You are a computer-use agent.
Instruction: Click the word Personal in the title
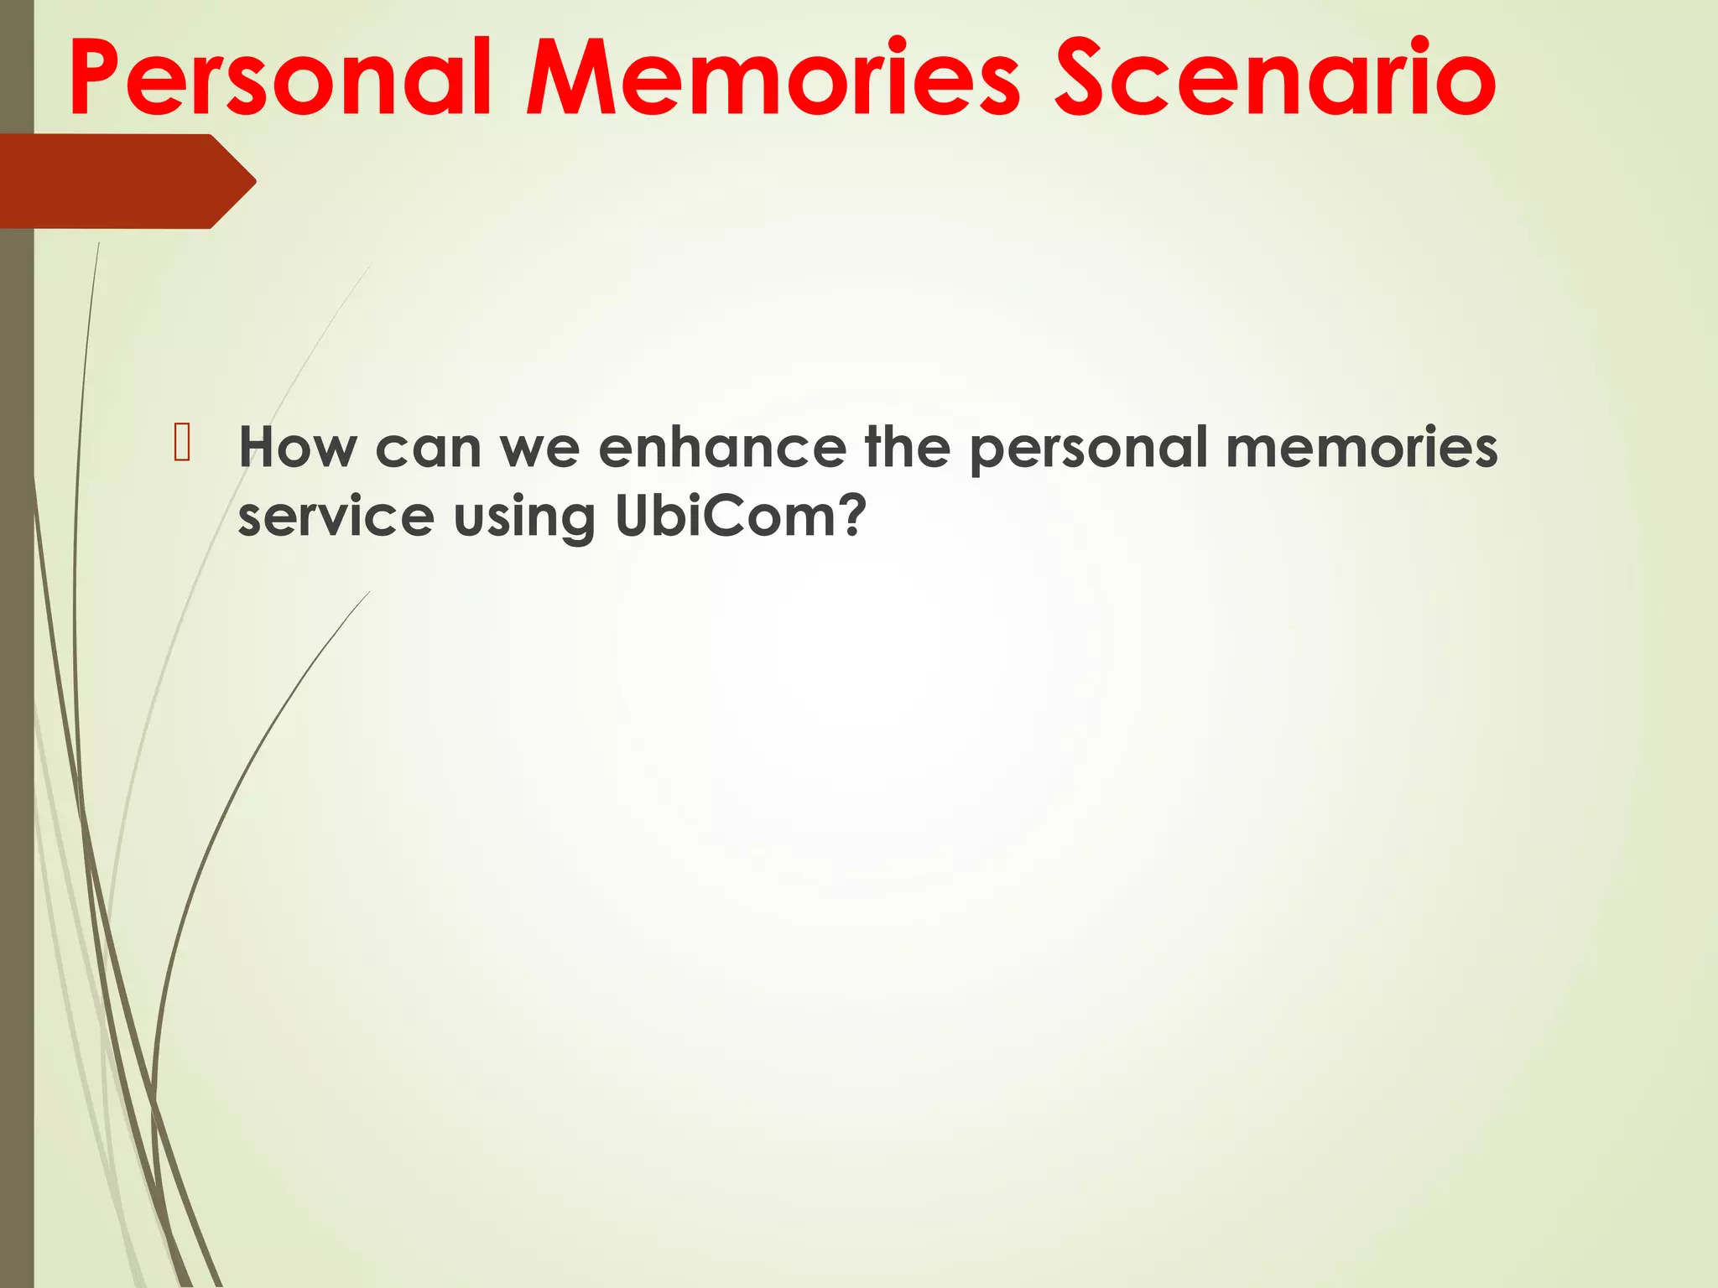tap(281, 80)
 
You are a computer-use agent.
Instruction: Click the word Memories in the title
tap(773, 80)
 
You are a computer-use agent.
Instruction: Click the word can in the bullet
tap(428, 449)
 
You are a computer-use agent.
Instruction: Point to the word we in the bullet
tap(539, 449)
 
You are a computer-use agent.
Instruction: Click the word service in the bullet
tap(336, 517)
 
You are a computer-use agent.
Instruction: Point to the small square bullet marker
tap(183, 444)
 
